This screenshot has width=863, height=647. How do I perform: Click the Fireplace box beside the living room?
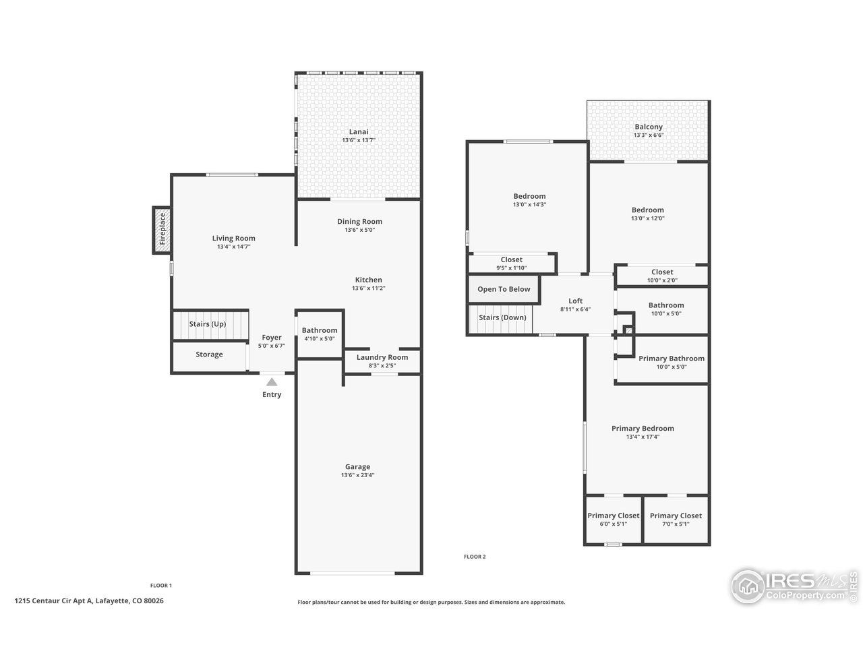click(162, 230)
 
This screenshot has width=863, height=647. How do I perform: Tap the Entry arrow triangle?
click(271, 382)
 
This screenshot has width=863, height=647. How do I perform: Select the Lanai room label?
click(358, 131)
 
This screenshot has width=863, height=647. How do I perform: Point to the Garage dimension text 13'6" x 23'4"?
click(357, 475)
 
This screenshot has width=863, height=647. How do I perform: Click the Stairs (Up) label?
click(207, 324)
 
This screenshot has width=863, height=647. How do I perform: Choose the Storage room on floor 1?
click(209, 355)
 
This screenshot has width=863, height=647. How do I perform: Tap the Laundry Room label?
click(382, 357)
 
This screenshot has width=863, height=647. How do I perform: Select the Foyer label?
click(272, 338)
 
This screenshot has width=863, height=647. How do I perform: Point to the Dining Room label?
click(359, 221)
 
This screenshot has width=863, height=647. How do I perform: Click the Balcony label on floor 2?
click(648, 127)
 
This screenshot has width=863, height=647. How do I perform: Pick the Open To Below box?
click(504, 289)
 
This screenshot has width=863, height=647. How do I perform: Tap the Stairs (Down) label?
click(502, 317)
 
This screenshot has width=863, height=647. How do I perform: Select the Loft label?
click(575, 301)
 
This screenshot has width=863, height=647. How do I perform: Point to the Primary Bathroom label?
click(671, 359)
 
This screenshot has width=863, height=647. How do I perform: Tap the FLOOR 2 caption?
click(474, 557)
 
